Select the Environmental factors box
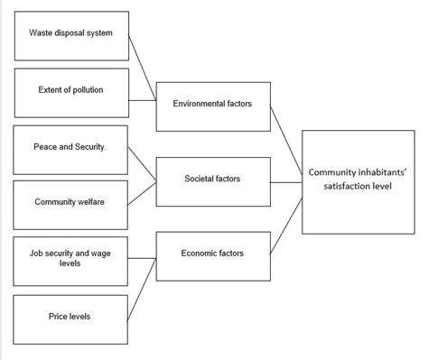tap(212, 104)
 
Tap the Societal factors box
tap(212, 179)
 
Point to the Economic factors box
tap(212, 254)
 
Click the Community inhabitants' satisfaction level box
tap(359, 177)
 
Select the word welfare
tap(88, 201)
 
